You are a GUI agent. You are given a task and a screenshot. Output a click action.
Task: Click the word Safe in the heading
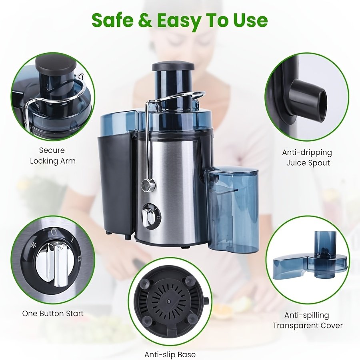tap(112, 20)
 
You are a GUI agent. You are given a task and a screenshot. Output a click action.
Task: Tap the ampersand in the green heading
tap(145, 20)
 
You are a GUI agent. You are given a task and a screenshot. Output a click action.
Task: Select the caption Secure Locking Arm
tap(53, 156)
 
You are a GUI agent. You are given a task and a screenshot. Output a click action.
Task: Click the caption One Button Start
tap(53, 313)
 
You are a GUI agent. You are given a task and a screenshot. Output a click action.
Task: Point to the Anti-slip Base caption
tap(170, 354)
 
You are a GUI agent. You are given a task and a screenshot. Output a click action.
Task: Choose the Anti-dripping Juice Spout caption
tap(307, 158)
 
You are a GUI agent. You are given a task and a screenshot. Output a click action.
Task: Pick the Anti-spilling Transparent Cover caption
tap(308, 320)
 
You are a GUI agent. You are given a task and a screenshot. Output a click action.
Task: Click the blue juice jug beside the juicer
tap(232, 210)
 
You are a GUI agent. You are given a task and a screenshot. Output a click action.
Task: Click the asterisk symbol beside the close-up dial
tap(34, 245)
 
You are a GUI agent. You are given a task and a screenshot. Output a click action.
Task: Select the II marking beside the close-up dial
tap(79, 258)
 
